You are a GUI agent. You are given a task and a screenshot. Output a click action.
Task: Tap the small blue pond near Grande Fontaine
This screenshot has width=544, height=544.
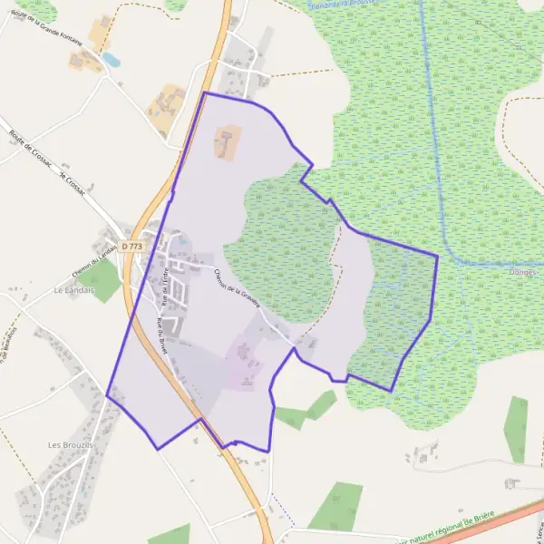click(111, 60)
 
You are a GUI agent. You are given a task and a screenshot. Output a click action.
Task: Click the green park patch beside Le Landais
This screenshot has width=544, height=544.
click(105, 282)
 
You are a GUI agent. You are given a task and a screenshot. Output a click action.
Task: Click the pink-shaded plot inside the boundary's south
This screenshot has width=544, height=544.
click(243, 363)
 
